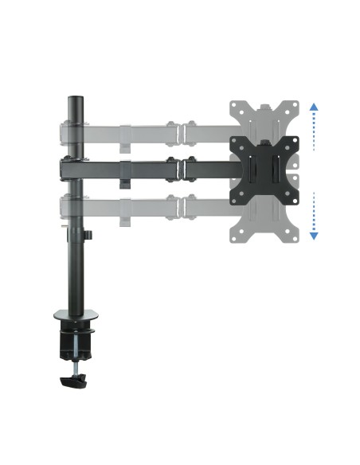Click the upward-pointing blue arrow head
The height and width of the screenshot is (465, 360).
pyautogui.click(x=314, y=107)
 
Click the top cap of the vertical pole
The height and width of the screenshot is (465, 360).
pyautogui.click(x=76, y=100)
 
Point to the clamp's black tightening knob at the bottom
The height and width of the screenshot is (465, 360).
pyautogui.click(x=72, y=382)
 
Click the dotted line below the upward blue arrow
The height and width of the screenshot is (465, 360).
pyautogui.click(x=314, y=132)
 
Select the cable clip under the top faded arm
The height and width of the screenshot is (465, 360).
pyautogui.click(x=126, y=146)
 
